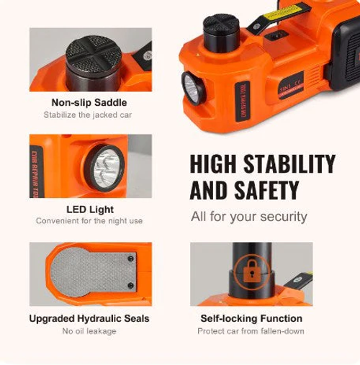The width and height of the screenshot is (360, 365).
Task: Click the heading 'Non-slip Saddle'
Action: tap(89, 102)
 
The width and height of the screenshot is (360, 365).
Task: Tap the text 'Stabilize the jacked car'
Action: tap(89, 114)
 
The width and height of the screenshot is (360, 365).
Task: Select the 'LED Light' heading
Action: tap(90, 209)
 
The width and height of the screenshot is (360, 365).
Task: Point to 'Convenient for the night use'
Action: tap(90, 221)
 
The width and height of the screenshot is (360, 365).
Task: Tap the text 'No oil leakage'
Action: tap(90, 331)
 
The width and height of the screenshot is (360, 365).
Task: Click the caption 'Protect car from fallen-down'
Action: tap(251, 331)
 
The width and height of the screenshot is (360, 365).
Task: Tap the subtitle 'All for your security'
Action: tap(249, 216)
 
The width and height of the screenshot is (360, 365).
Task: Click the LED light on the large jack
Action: tap(193, 89)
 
